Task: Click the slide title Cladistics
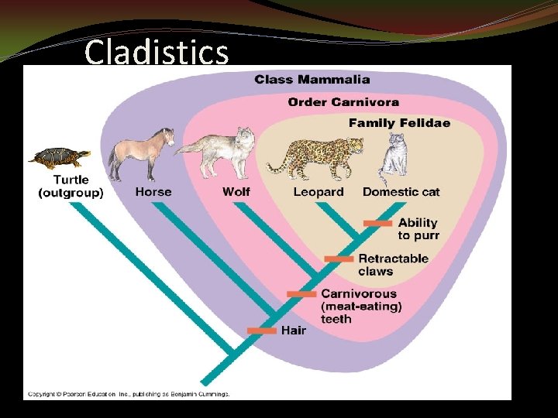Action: tap(157, 53)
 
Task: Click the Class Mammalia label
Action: tap(312, 79)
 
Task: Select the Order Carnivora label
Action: tap(343, 101)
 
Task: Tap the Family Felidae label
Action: tap(399, 122)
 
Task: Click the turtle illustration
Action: tap(59, 158)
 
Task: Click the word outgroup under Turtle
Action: tap(71, 193)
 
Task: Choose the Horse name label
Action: tap(153, 191)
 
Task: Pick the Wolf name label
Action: tap(236, 191)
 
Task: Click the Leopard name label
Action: tap(319, 191)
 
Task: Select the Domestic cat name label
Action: tap(401, 191)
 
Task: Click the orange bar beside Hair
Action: tap(262, 331)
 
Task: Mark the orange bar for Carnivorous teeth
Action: tap(301, 294)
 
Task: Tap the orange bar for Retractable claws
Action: tap(339, 259)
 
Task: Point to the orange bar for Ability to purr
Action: tap(377, 223)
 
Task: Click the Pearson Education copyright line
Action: tap(129, 394)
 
